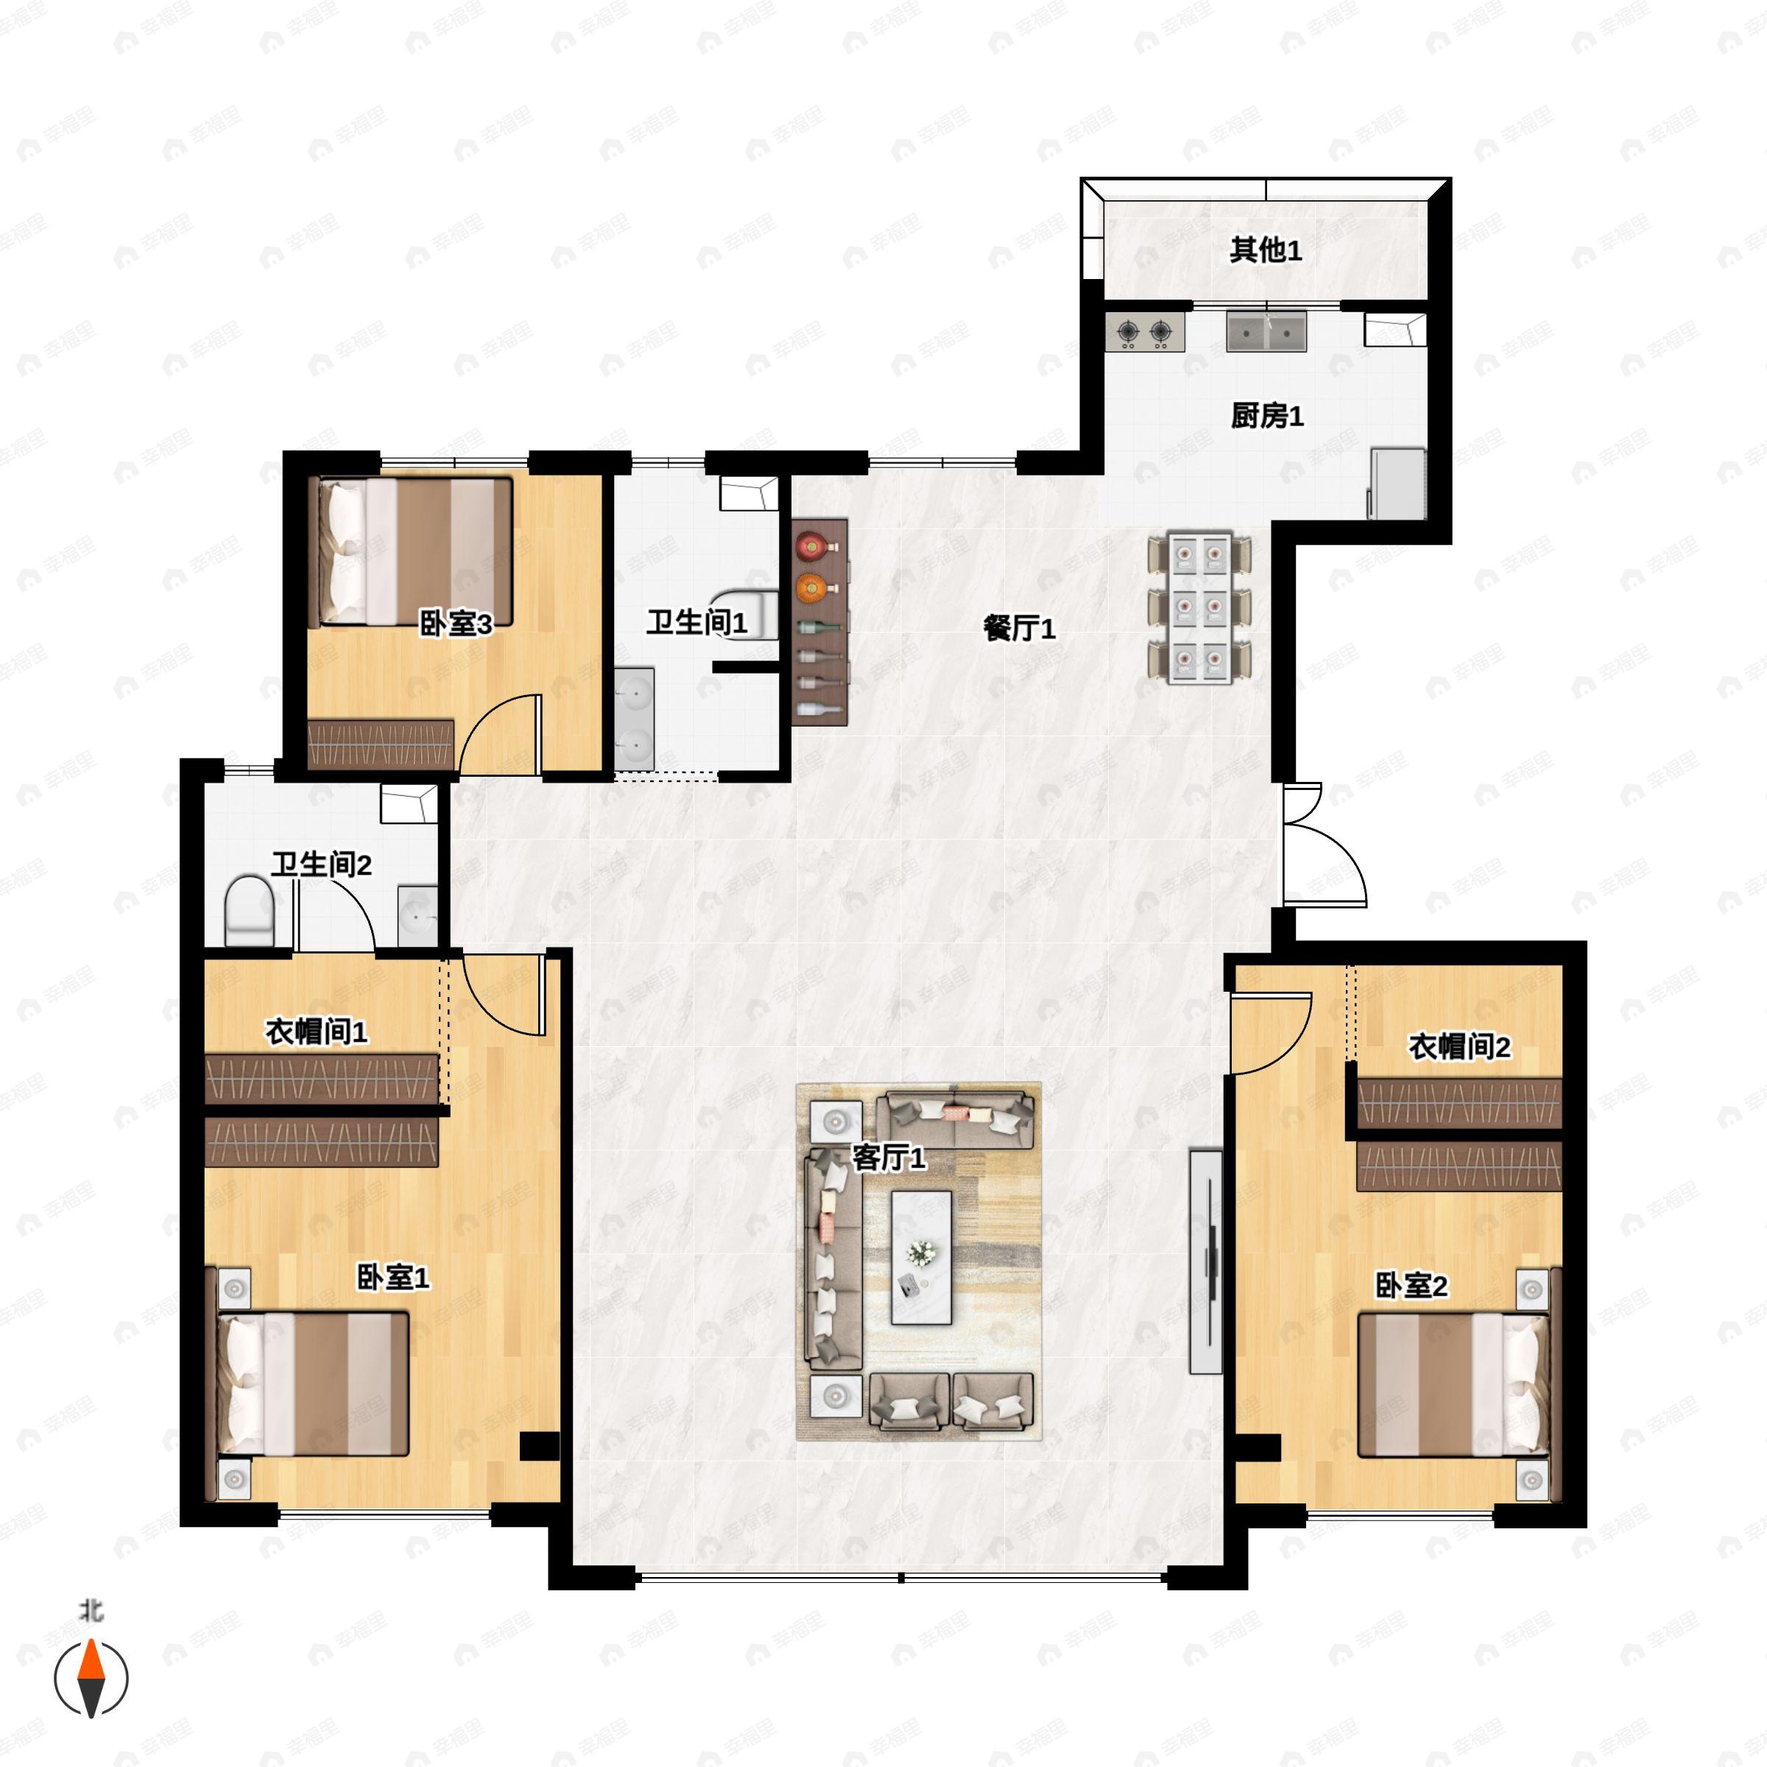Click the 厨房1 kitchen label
1266,416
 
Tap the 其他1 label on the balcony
1266,250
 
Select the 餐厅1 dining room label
1020,628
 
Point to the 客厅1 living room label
889,1158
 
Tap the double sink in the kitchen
1266,331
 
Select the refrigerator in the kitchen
1397,483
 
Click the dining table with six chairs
1200,607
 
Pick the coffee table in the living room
922,1257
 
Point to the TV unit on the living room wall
1205,1261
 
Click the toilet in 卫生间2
249,911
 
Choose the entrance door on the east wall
1325,844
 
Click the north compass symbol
91,1679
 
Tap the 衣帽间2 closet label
1459,1046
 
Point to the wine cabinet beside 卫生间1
820,623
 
